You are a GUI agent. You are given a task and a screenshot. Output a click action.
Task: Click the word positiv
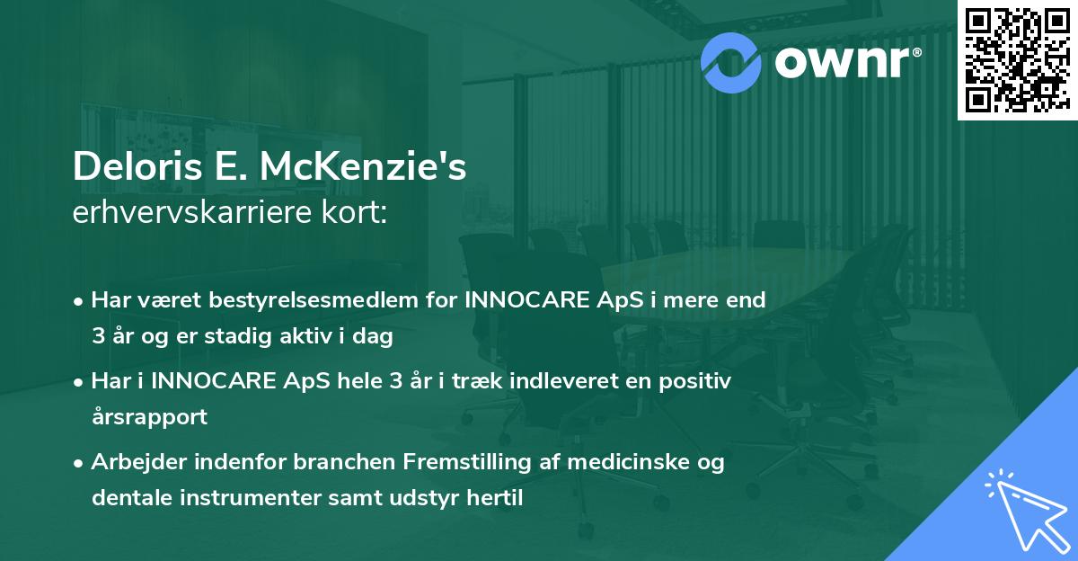pos(695,381)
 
